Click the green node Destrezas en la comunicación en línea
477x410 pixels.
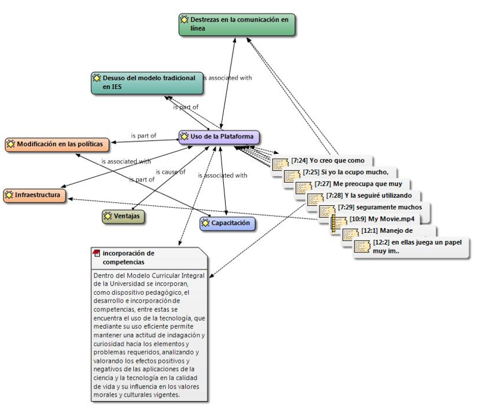click(236, 24)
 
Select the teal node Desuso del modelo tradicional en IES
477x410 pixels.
click(147, 83)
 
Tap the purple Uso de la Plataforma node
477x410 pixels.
click(219, 137)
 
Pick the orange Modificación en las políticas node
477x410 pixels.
click(57, 145)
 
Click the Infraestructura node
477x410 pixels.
click(35, 196)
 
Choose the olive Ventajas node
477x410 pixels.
click(123, 217)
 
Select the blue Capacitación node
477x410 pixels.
click(227, 224)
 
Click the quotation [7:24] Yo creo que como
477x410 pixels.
click(322, 161)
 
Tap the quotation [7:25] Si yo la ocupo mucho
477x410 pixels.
click(340, 172)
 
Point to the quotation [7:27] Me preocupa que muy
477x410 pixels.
click(353, 184)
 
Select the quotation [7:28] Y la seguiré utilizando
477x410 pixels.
click(364, 196)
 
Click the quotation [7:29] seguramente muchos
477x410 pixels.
click(375, 208)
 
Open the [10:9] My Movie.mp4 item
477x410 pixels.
click(376, 219)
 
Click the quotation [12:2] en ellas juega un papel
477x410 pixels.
click(412, 247)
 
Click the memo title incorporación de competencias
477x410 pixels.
click(128, 258)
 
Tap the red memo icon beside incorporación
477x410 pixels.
click(96, 254)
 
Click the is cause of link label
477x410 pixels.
click(171, 172)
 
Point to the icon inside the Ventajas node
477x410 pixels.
click(107, 216)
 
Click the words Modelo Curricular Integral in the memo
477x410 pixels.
click(165, 276)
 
